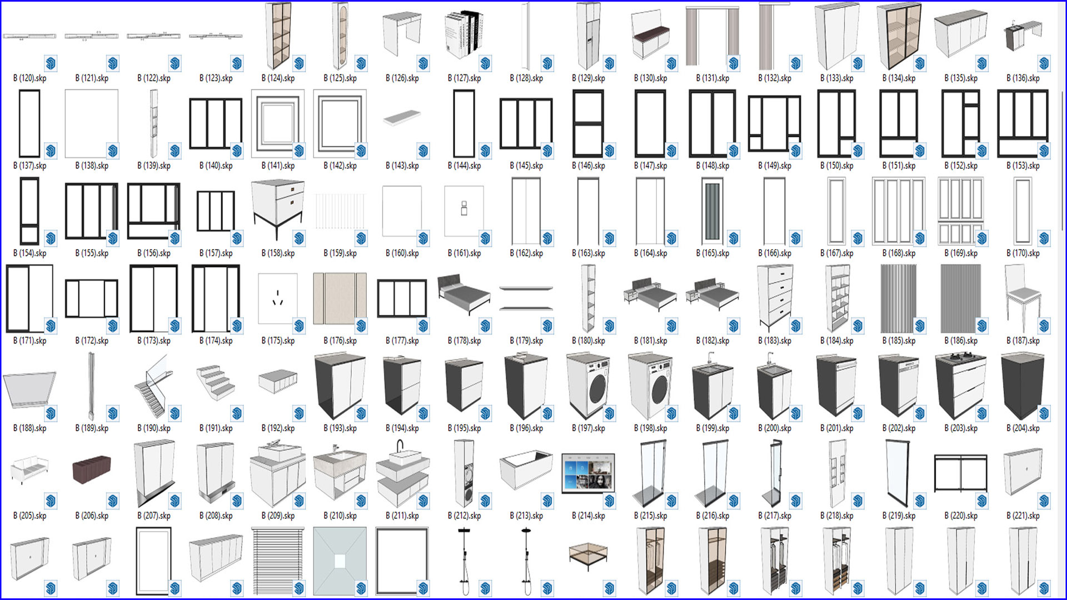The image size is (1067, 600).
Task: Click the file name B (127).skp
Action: click(464, 78)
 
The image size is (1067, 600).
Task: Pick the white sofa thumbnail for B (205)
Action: click(29, 469)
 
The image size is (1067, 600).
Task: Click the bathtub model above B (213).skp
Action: click(526, 470)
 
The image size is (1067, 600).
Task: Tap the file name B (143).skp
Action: click(402, 166)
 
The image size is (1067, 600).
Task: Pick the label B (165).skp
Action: click(712, 253)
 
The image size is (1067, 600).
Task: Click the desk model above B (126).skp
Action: click(401, 33)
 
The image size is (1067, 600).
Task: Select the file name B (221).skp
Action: click(1023, 516)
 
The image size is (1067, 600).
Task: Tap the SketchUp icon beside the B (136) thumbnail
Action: click(1044, 63)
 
